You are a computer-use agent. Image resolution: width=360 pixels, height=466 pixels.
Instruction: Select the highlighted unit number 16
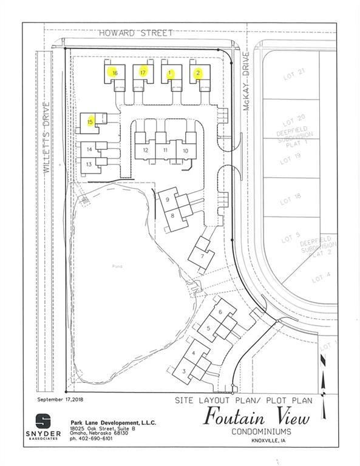point(114,72)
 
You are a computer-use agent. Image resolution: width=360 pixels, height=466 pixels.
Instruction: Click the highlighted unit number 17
point(143,72)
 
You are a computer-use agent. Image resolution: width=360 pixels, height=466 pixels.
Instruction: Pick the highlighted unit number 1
point(171,73)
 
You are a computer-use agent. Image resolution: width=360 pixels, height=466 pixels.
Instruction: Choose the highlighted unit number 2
point(198,73)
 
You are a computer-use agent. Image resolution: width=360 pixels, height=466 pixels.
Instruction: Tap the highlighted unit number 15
point(90,121)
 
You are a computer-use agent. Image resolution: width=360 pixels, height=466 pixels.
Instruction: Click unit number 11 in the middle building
point(165,150)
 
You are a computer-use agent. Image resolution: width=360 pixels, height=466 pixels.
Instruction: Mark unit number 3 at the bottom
point(183,371)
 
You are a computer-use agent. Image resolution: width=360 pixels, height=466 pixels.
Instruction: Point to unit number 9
point(168,198)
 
